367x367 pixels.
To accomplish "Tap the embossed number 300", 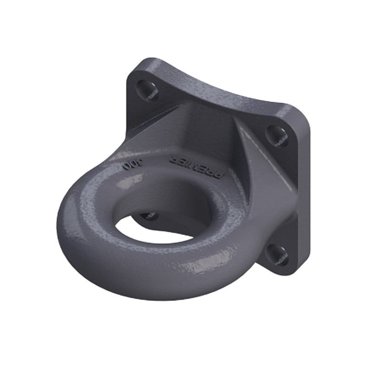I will (x=133, y=164).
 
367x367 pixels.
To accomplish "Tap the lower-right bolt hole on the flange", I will (x=277, y=254).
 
